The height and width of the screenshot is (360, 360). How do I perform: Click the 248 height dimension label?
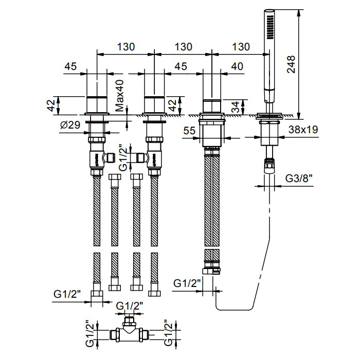(x=292, y=65)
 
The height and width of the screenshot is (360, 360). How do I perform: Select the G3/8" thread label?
(x=299, y=179)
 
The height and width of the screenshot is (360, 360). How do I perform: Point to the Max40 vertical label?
(x=120, y=96)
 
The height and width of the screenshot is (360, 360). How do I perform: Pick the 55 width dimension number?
(x=189, y=131)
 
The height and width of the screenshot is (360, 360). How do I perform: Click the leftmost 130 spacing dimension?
(x=125, y=46)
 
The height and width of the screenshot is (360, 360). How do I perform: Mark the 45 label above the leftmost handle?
(x=70, y=66)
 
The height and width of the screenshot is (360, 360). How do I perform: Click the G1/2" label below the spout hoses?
(x=186, y=283)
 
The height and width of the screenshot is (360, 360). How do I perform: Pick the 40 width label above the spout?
(x=237, y=66)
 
